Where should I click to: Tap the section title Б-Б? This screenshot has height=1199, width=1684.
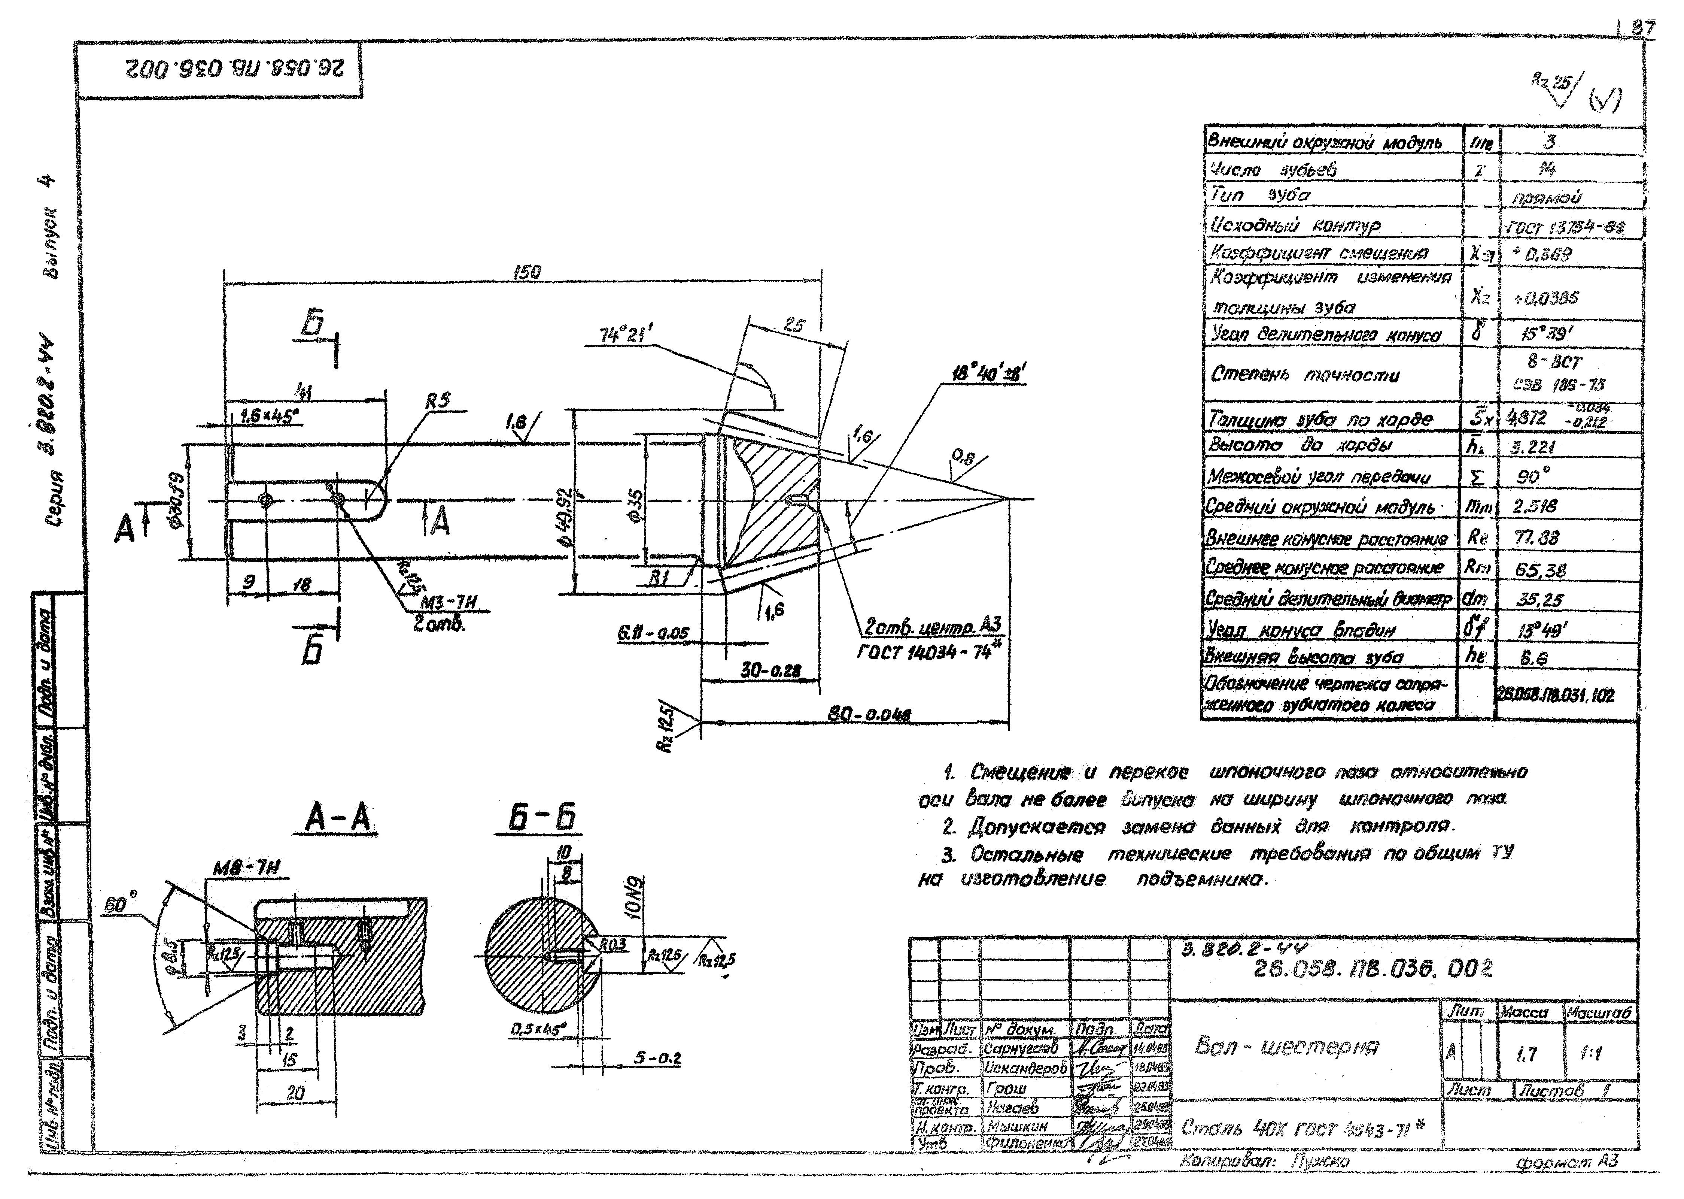(x=542, y=818)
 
